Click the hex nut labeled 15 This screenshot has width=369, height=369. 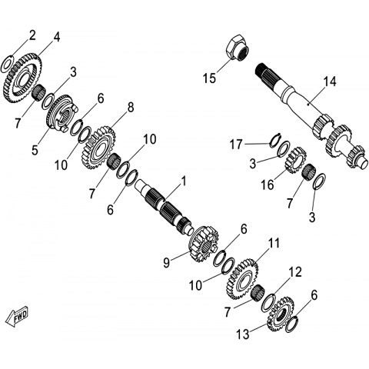click(238, 48)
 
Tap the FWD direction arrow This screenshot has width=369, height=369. click(18, 316)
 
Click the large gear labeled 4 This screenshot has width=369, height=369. click(22, 78)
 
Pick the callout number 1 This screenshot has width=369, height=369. click(183, 181)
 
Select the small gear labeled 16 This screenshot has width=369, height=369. click(296, 160)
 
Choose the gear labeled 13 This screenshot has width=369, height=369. click(280, 314)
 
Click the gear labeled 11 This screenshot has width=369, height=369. click(242, 279)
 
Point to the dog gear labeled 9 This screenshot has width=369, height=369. click(204, 244)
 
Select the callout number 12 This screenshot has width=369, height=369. click(294, 273)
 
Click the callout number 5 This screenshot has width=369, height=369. click(35, 149)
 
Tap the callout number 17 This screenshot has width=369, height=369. click(236, 145)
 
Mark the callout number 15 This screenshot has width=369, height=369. click(209, 78)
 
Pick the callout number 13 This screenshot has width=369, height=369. click(243, 334)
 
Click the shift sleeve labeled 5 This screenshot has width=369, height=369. click(61, 113)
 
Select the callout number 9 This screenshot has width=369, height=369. click(167, 263)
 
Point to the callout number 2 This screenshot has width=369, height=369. click(32, 35)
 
